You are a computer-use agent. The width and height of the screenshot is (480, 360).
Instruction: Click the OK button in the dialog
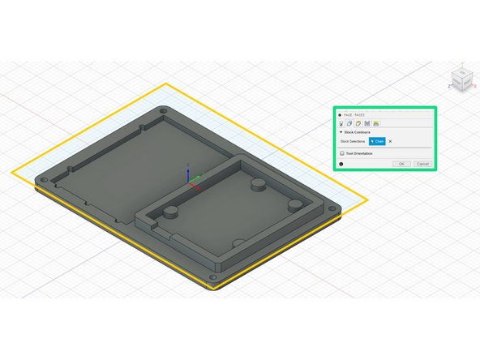[401, 164]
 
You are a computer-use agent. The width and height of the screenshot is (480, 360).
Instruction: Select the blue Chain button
[377, 141]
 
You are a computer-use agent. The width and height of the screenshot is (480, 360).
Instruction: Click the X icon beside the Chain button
[390, 141]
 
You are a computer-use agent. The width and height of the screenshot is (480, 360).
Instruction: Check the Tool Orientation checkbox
[342, 152]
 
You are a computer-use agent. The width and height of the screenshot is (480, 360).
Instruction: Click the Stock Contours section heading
[358, 131]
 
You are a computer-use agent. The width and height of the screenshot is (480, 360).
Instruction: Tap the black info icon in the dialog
[341, 164]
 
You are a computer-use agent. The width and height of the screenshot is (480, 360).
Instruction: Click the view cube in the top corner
[460, 79]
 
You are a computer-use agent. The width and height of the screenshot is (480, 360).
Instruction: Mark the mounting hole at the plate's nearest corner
[214, 277]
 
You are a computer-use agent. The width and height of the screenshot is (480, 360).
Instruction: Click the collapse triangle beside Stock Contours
[341, 131]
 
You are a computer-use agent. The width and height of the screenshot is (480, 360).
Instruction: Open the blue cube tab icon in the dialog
[349, 123]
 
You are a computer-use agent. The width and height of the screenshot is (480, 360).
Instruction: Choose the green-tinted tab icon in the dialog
[377, 123]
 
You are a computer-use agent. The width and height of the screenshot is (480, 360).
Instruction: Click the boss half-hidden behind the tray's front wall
[238, 242]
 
